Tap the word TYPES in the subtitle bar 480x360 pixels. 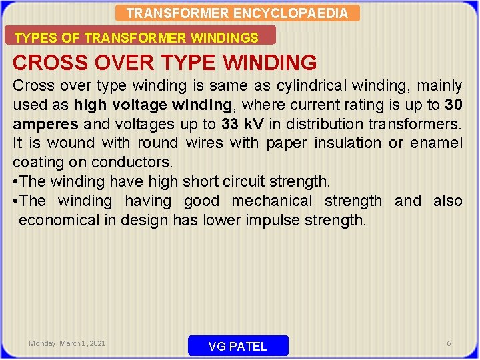point(32,38)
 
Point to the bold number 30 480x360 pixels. point(453,105)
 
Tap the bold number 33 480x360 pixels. point(230,124)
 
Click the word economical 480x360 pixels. point(59,220)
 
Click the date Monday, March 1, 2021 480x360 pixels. point(67,343)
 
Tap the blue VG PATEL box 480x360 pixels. point(238,346)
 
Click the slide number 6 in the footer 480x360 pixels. point(449,343)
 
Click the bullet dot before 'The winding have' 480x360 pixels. point(15,181)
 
